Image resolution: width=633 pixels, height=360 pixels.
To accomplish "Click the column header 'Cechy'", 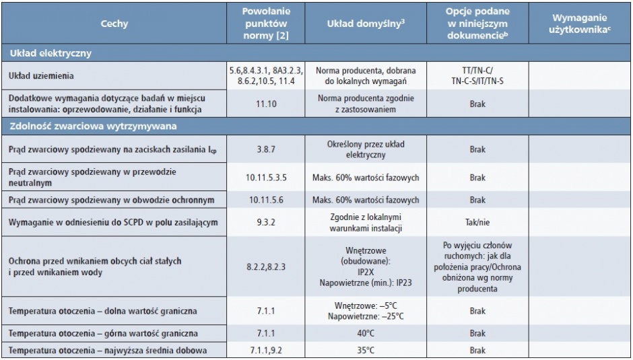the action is pyautogui.click(x=114, y=24).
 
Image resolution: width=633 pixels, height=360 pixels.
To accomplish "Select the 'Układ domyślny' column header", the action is pyautogui.click(x=366, y=24).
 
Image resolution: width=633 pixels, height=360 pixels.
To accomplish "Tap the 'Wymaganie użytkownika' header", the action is pyautogui.click(x=579, y=24).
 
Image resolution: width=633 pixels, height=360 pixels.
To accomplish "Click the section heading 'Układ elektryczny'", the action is pyautogui.click(x=51, y=53).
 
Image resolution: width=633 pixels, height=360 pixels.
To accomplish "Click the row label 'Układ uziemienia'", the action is pyautogui.click(x=41, y=76).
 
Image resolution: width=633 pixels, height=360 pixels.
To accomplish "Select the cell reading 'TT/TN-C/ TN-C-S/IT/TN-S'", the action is pyautogui.click(x=477, y=76).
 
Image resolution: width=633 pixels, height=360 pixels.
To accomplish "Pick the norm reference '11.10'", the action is pyautogui.click(x=265, y=104).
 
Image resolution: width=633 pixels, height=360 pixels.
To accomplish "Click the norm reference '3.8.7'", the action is pyautogui.click(x=265, y=149).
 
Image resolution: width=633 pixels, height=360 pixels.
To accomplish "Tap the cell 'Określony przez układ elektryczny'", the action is pyautogui.click(x=366, y=149).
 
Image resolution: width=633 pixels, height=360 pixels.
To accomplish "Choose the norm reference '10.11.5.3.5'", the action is pyautogui.click(x=265, y=178).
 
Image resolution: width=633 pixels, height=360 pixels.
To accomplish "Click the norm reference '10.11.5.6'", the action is pyautogui.click(x=265, y=200).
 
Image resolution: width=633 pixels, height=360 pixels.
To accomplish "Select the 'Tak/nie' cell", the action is pyautogui.click(x=477, y=222).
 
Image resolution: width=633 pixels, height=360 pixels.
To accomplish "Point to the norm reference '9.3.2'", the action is pyautogui.click(x=265, y=222).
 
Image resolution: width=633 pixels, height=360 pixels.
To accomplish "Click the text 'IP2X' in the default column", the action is pyautogui.click(x=366, y=272).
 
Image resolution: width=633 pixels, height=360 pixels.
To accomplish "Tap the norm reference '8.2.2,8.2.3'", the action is pyautogui.click(x=265, y=266).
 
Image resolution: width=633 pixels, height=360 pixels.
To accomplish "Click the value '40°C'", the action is pyautogui.click(x=366, y=334).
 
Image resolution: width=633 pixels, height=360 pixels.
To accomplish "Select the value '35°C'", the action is pyautogui.click(x=366, y=351).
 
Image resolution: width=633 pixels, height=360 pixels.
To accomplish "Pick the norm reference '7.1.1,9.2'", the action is pyautogui.click(x=265, y=351).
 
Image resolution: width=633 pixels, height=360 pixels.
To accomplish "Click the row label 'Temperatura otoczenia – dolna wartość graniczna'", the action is pyautogui.click(x=103, y=311).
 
